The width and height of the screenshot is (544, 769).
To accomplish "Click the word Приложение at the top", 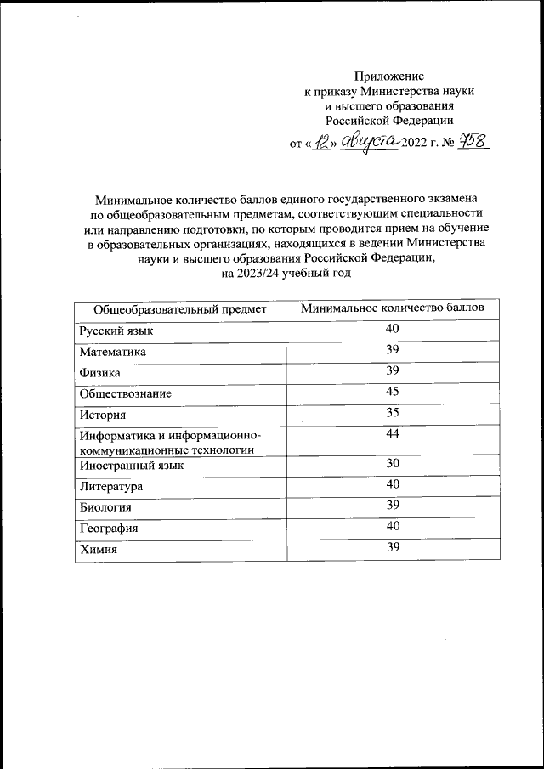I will (x=388, y=76).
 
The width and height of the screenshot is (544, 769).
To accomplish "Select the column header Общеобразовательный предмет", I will (x=180, y=308).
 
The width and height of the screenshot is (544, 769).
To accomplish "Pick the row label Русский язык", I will (x=116, y=331).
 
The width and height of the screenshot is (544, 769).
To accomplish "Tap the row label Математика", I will (x=113, y=352).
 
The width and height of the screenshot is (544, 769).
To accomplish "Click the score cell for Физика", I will (x=392, y=371).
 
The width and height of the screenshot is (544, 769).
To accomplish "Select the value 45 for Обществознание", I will (x=392, y=392).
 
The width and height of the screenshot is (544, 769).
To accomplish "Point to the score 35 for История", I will (x=392, y=414).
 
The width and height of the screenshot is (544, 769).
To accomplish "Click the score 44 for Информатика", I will (x=392, y=435).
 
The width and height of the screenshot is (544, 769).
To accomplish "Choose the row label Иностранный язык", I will (x=131, y=466).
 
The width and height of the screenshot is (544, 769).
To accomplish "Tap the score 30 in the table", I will (x=392, y=464).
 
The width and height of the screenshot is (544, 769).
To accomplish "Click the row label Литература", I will (x=111, y=487).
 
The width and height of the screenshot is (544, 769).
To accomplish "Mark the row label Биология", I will (x=106, y=508).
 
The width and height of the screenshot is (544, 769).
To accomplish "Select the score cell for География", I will (x=392, y=528).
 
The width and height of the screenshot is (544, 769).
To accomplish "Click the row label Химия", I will (x=98, y=550).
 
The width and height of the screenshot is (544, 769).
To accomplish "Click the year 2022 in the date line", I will (x=416, y=144).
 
